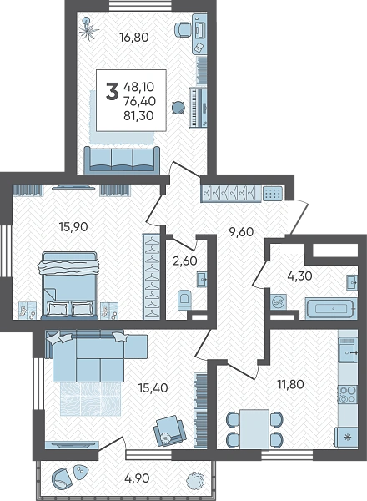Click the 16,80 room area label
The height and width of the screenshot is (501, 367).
pyautogui.click(x=134, y=38)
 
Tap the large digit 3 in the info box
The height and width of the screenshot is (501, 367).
pyautogui.click(x=112, y=91)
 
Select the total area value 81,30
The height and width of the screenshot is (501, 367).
pyautogui.click(x=138, y=115)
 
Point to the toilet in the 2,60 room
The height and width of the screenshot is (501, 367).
pyautogui.click(x=183, y=300)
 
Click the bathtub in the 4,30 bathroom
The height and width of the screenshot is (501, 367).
pyautogui.click(x=330, y=309)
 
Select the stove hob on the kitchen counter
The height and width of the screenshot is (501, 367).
pyautogui.click(x=348, y=395)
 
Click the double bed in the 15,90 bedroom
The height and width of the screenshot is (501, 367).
pyautogui.click(x=69, y=286)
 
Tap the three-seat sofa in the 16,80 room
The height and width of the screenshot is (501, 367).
pyautogui.click(x=122, y=160)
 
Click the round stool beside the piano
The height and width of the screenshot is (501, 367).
pyautogui.click(x=178, y=108)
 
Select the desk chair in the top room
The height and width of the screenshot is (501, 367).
pyautogui.click(x=183, y=29)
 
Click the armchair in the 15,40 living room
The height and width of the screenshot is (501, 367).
pyautogui.click(x=169, y=431)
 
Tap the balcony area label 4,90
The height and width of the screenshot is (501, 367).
pyautogui.click(x=138, y=478)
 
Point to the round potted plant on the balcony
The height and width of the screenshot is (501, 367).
pyautogui.click(x=194, y=479)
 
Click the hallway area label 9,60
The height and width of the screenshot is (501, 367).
pyautogui.click(x=242, y=231)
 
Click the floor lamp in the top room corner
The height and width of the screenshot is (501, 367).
pyautogui.click(x=89, y=28)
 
